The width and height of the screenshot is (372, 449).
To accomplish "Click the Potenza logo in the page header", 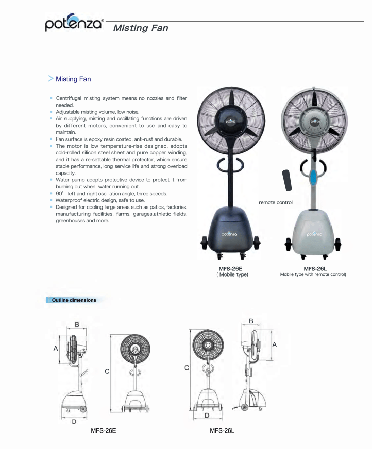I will tap(74, 23).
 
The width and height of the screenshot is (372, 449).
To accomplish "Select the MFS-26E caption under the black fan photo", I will tap(230, 268).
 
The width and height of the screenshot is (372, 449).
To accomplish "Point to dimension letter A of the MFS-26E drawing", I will tap(56, 349).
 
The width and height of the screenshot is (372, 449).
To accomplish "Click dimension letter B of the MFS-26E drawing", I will tap(77, 324).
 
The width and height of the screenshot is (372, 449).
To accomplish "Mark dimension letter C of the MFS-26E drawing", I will tap(107, 371).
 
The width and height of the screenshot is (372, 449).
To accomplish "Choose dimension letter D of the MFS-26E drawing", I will tap(74, 421).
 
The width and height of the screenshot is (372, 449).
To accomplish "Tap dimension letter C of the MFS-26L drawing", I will tap(187, 367).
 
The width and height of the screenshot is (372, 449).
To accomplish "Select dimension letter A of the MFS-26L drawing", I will tap(275, 344).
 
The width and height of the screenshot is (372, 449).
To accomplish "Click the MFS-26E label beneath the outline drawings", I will tap(107, 430).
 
